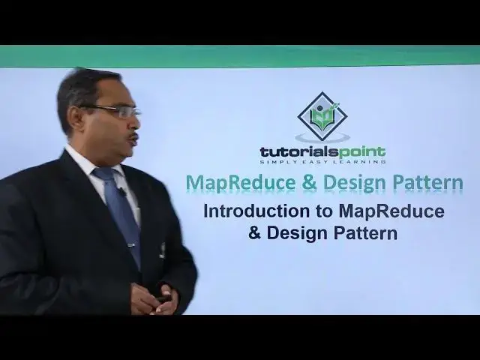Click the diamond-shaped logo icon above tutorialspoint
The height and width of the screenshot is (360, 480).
pyautogui.click(x=322, y=117)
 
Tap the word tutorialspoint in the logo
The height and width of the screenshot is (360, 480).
pyautogui.click(x=322, y=152)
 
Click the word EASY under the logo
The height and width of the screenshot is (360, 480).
pyautogui.click(x=321, y=161)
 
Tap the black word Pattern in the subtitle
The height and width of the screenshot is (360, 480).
pyautogui.click(x=367, y=233)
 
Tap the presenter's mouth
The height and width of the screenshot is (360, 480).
pyautogui.click(x=132, y=140)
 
